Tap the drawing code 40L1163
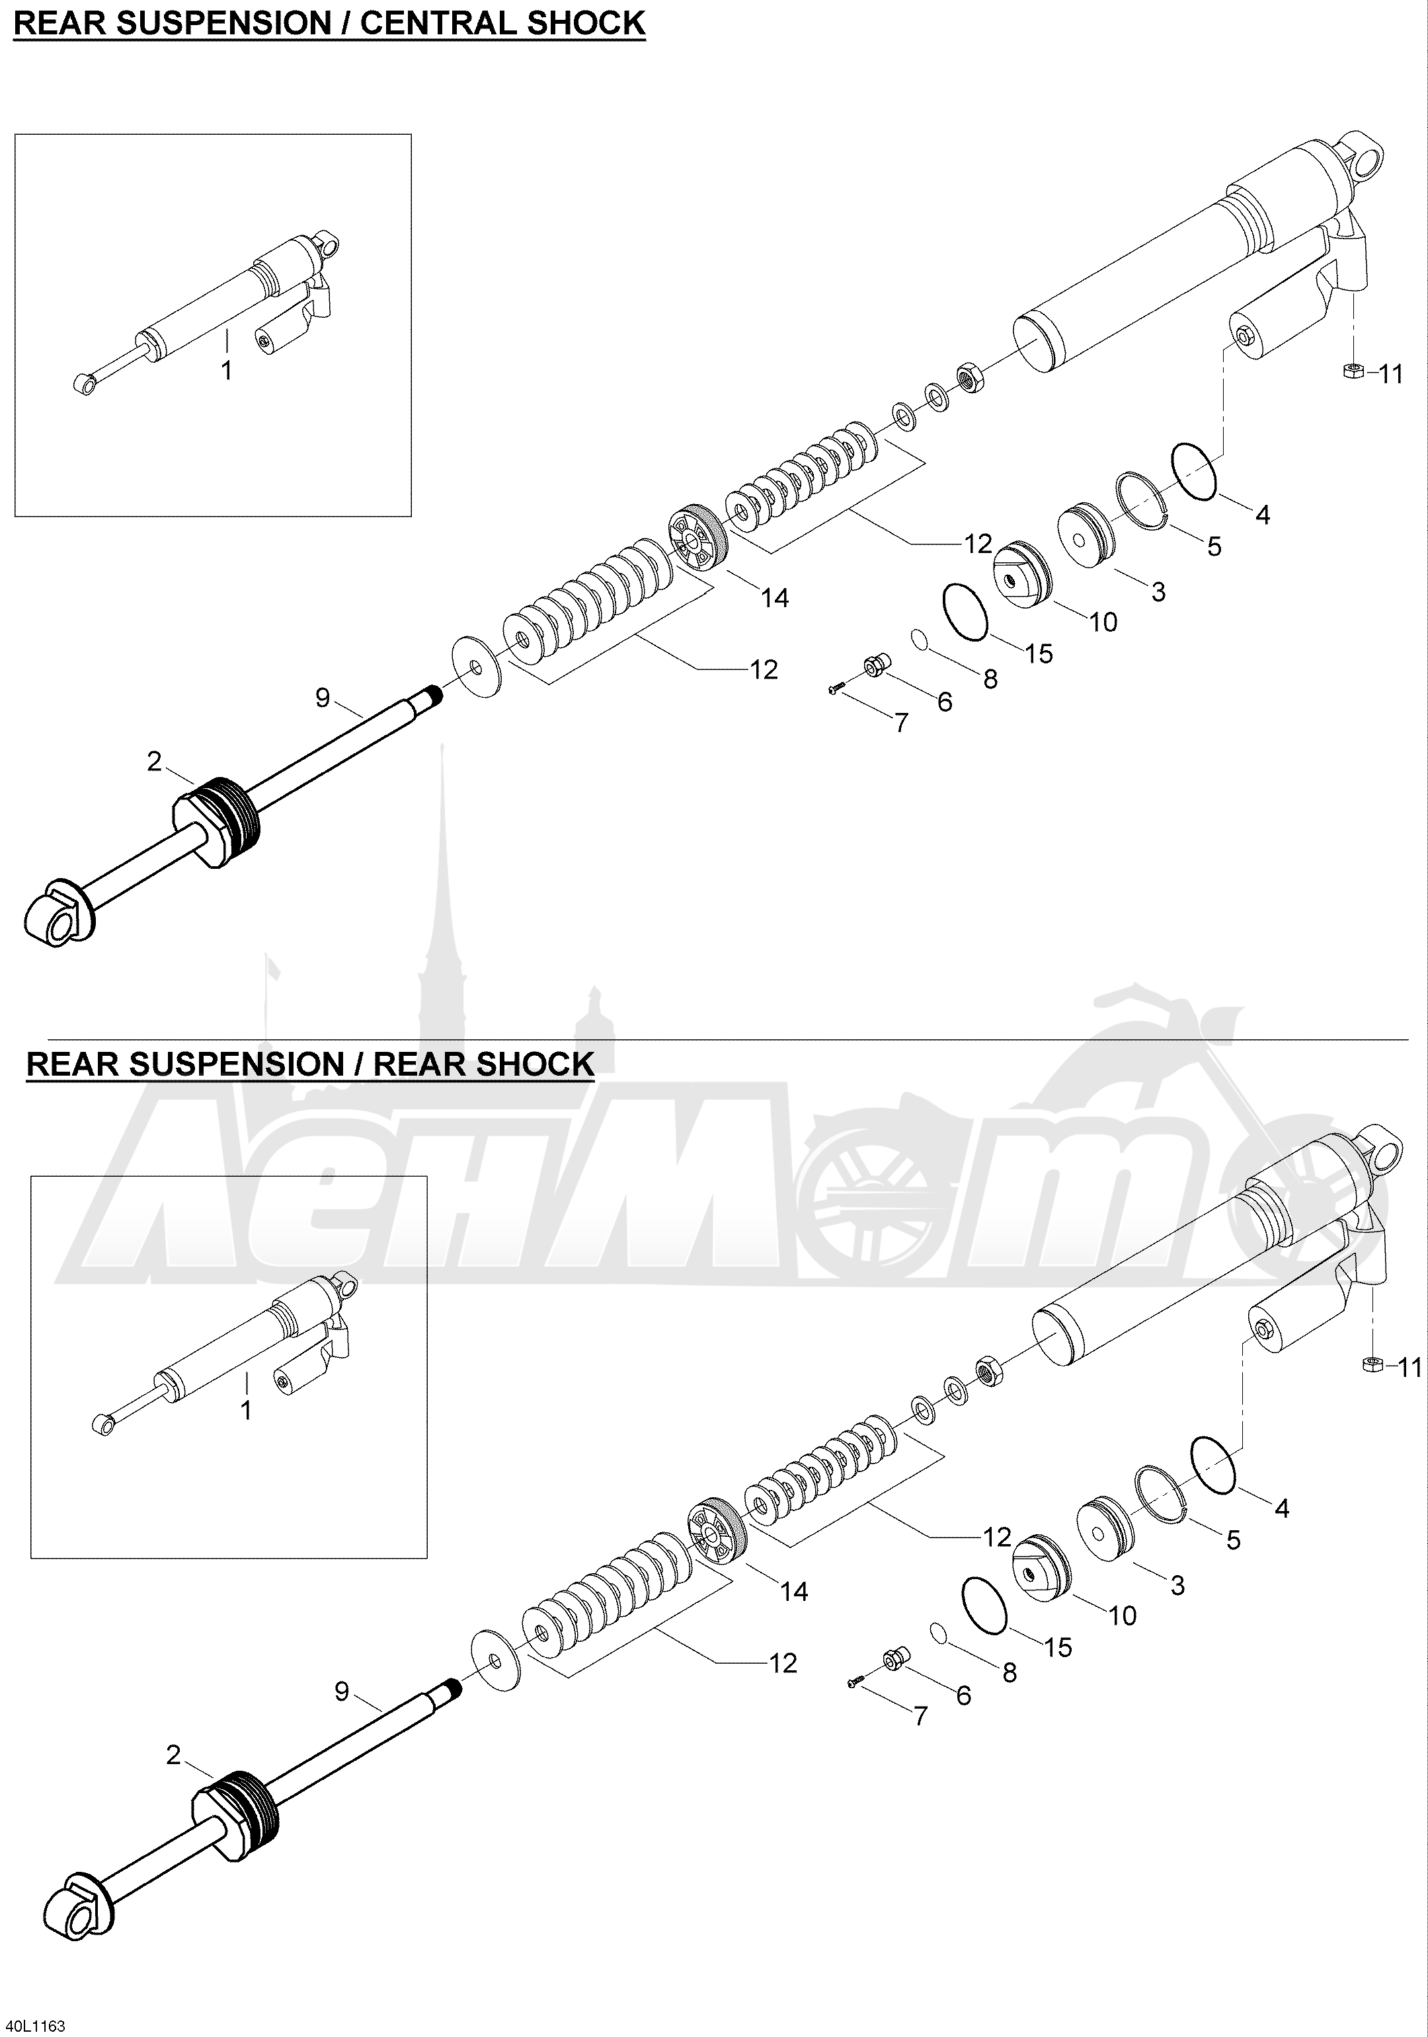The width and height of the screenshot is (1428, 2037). pyautogui.click(x=34, y=2024)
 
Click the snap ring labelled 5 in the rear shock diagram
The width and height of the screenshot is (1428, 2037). pyautogui.click(x=1163, y=1494)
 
